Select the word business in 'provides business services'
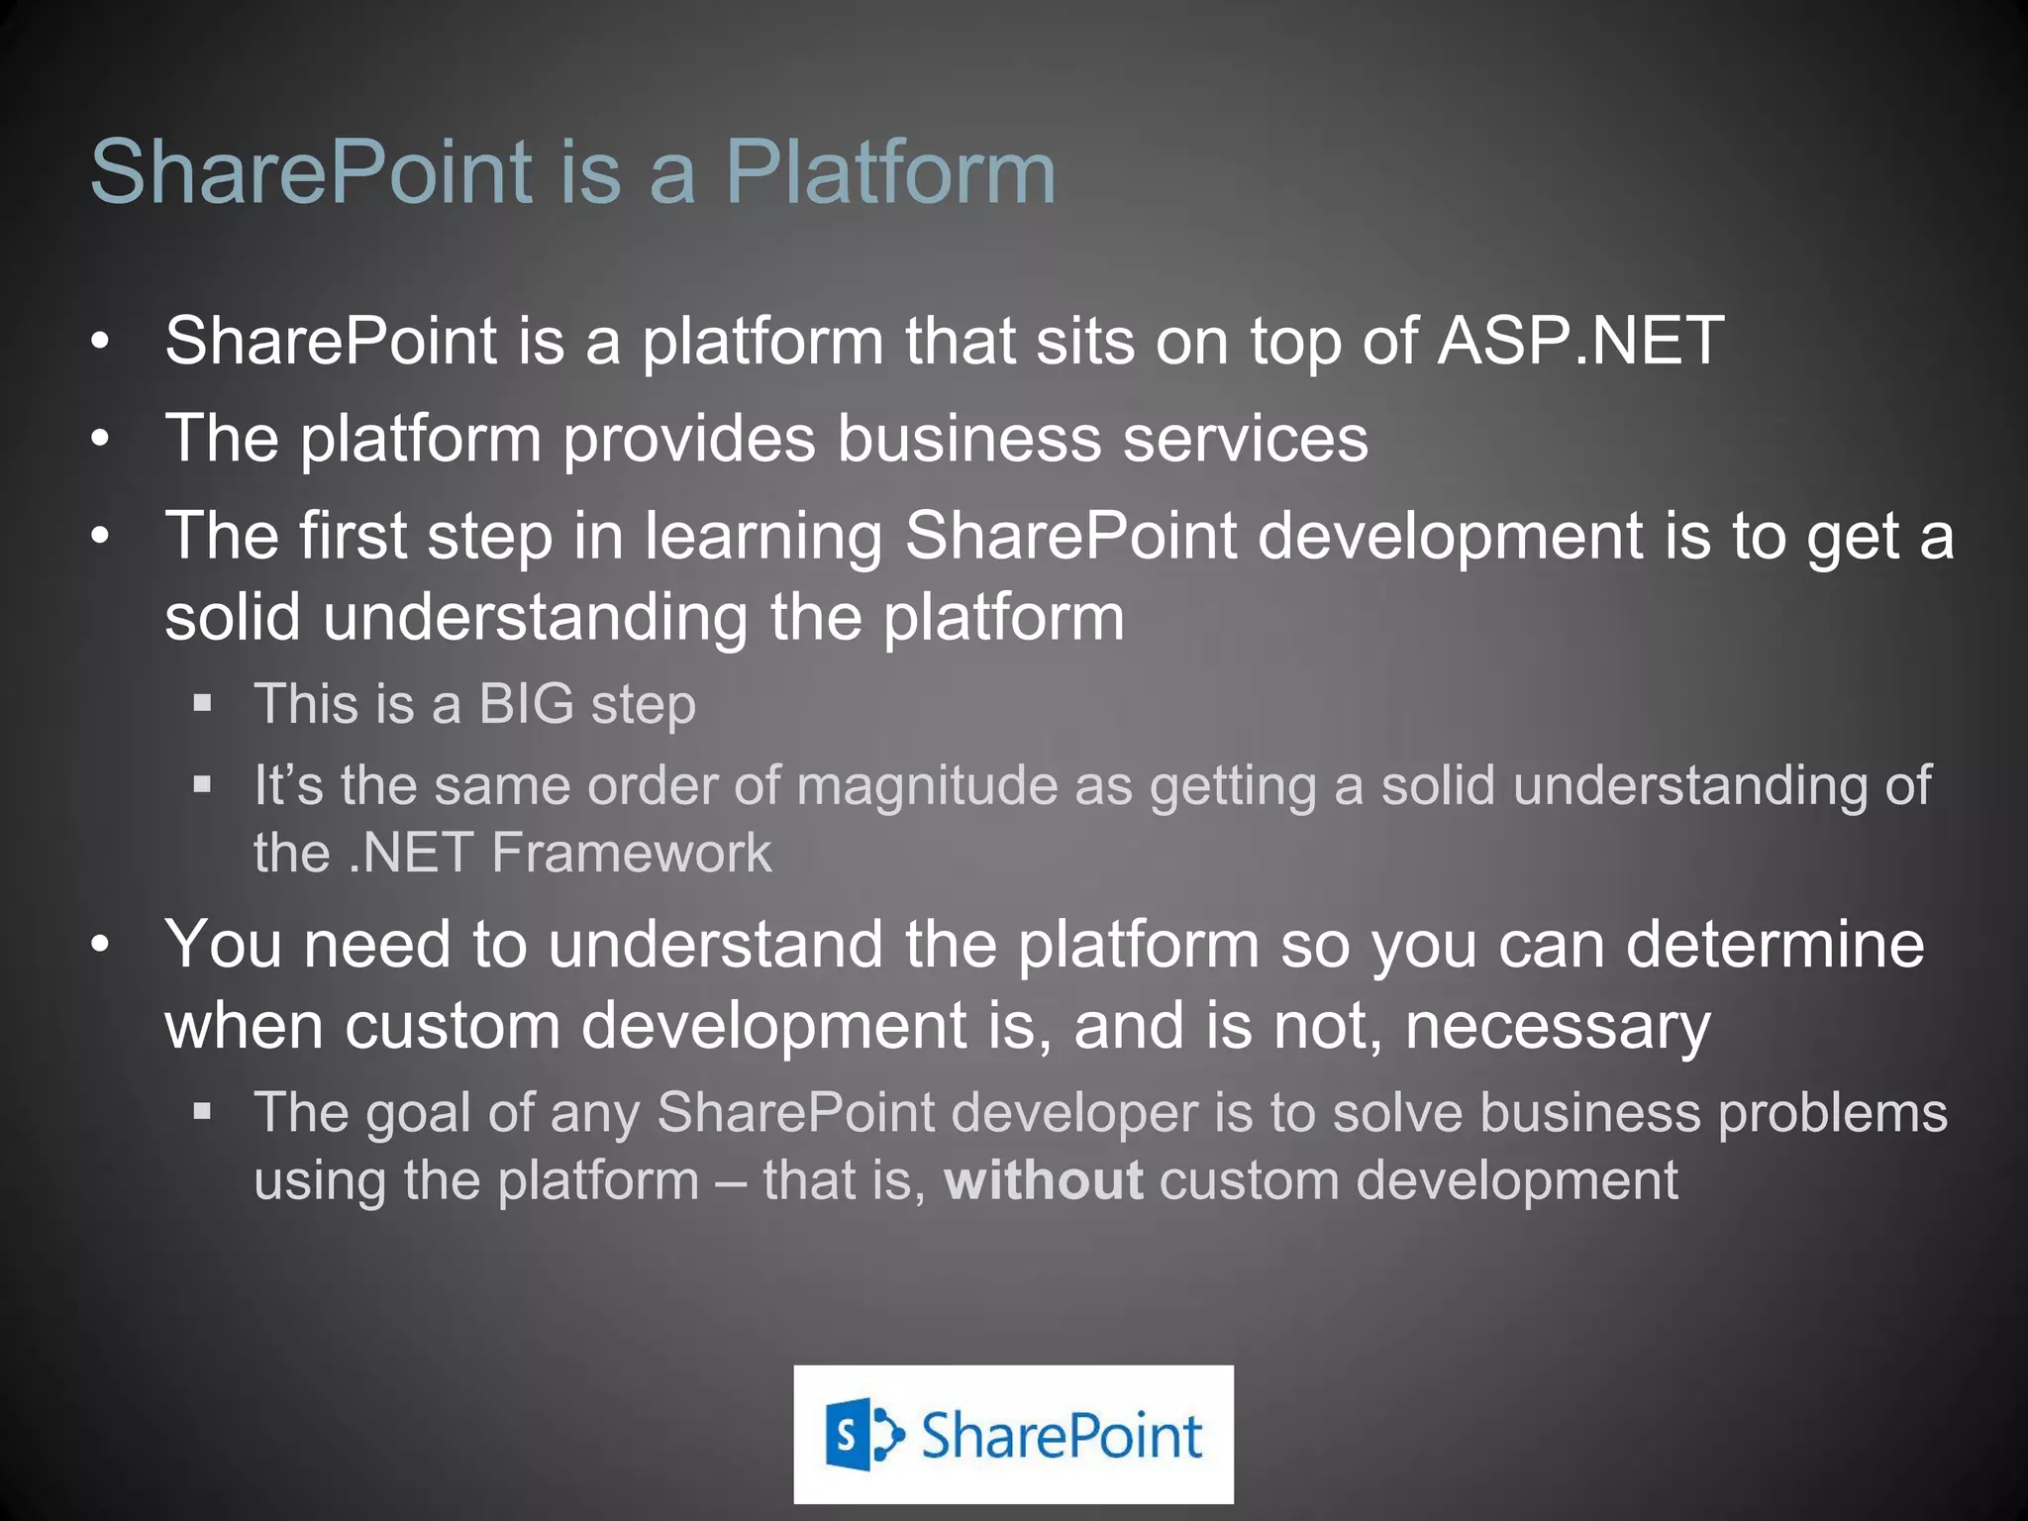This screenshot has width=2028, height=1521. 967,439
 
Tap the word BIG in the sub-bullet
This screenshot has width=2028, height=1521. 526,705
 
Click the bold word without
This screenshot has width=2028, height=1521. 1043,1181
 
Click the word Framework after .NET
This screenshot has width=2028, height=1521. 631,854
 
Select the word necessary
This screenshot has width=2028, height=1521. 1557,1026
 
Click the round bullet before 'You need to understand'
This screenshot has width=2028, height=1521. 99,946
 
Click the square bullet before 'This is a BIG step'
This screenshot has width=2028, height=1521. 203,704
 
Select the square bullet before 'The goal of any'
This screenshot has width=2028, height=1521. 203,1112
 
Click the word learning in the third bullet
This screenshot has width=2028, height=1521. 762,537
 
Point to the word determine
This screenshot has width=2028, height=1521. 1774,945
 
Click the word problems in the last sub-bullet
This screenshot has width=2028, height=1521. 1832,1113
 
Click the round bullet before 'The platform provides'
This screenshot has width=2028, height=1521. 99,439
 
